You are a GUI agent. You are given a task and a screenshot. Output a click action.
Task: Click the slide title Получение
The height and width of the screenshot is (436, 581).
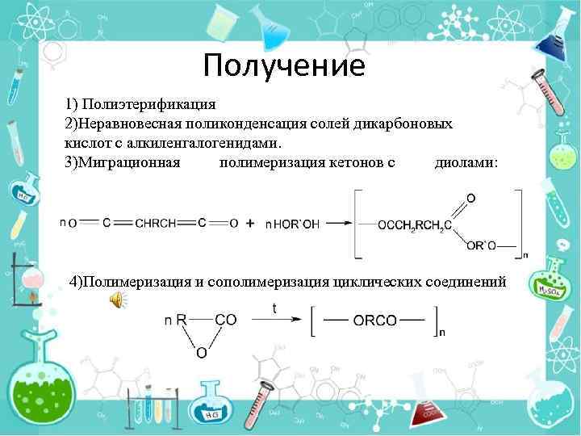pos(284,65)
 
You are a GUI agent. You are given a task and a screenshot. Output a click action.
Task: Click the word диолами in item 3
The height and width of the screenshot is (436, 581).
pos(465,162)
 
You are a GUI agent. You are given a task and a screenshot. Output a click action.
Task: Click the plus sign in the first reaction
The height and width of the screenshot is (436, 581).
pos(250,223)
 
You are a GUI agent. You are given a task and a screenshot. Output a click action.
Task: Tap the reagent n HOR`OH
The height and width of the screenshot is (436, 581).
pos(292,224)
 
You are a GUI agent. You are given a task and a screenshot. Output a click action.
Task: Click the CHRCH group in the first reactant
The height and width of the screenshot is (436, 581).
pos(155,224)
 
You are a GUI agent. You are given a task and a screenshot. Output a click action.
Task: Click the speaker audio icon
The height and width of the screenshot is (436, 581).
pos(117,300)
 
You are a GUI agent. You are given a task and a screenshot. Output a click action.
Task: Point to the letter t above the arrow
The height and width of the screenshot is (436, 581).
pos(274,308)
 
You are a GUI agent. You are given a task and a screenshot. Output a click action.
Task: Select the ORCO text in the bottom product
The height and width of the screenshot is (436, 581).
pos(374,320)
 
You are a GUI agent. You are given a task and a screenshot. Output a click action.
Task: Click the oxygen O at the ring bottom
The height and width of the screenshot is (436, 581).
pos(201,353)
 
